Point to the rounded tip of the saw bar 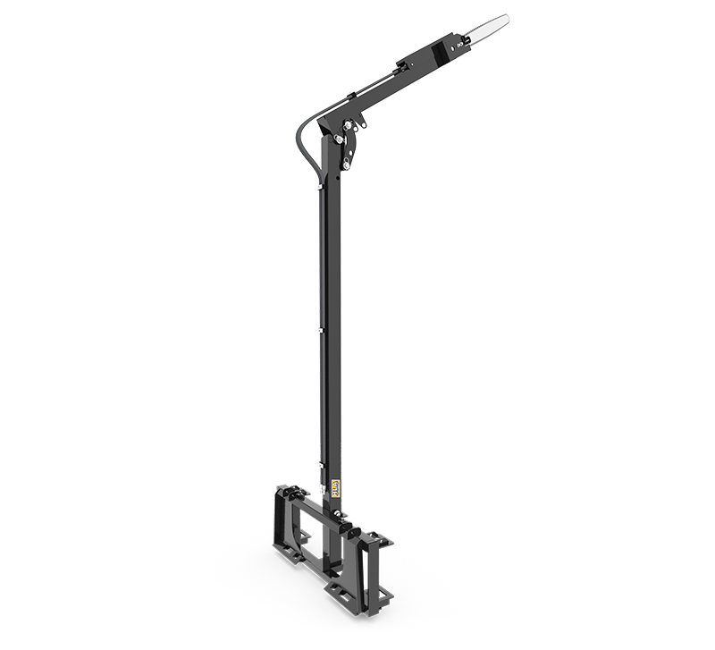[x=505, y=17]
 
